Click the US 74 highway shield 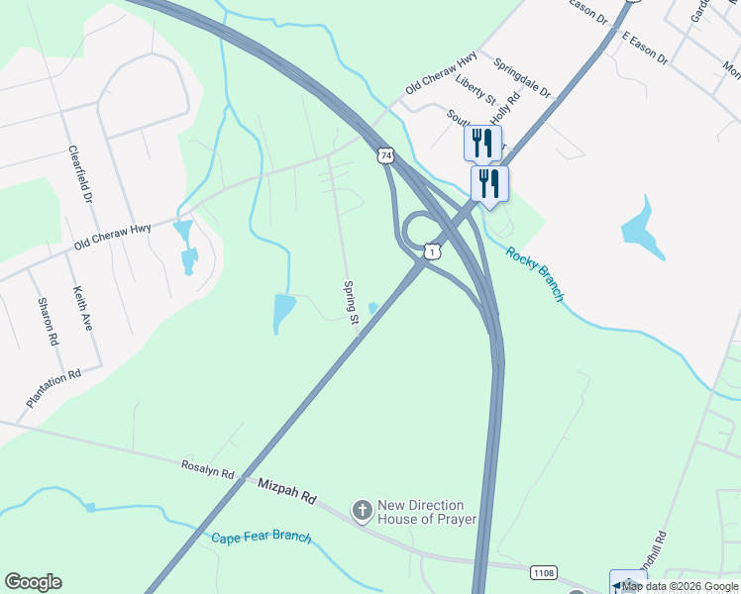point(385,155)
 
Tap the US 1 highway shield point(433,252)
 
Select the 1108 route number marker point(543,572)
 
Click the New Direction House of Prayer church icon point(363,510)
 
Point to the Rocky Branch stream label point(535,273)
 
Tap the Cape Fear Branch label point(262,538)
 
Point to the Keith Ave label point(82,308)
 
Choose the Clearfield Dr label point(80,175)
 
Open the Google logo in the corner point(33,582)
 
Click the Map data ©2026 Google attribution point(681,586)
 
